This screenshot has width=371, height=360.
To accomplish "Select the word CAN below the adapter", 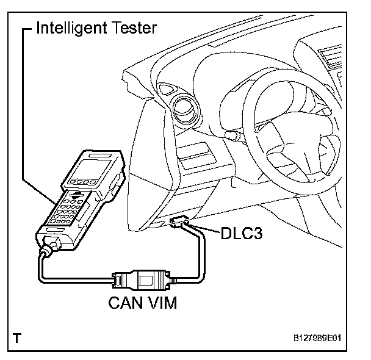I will click(126, 302).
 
